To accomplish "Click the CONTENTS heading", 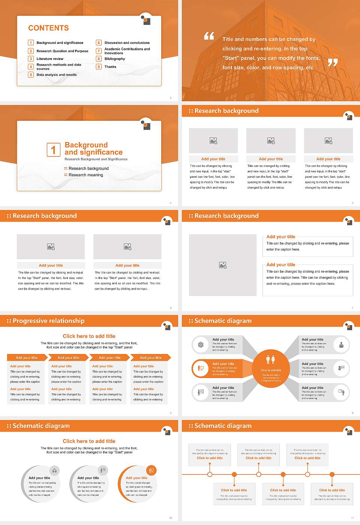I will click(x=48, y=28).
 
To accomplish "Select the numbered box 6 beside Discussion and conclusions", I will click(x=99, y=43).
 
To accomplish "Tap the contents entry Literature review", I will click(x=50, y=59).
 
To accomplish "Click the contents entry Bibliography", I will click(x=115, y=59).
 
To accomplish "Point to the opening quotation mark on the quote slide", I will click(x=209, y=36).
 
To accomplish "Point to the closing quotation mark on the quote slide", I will click(x=333, y=63).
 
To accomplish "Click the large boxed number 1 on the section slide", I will click(x=53, y=150).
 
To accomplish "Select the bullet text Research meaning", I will click(x=85, y=175).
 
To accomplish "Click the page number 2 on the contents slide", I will click(x=171, y=98).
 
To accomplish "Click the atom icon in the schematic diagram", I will click(x=201, y=345).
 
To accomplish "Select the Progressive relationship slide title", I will click(x=48, y=321).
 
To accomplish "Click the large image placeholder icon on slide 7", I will click(x=223, y=265).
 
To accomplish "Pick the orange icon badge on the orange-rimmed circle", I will click(x=151, y=470).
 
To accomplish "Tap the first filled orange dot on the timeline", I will click(x=234, y=474).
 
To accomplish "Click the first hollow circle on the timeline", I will click(x=210, y=474).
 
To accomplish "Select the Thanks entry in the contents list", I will click(x=110, y=67).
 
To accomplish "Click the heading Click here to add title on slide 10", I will click(x=89, y=441).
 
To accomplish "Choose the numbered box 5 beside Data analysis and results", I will click(x=31, y=75).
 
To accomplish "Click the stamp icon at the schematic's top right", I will click(x=341, y=345).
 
